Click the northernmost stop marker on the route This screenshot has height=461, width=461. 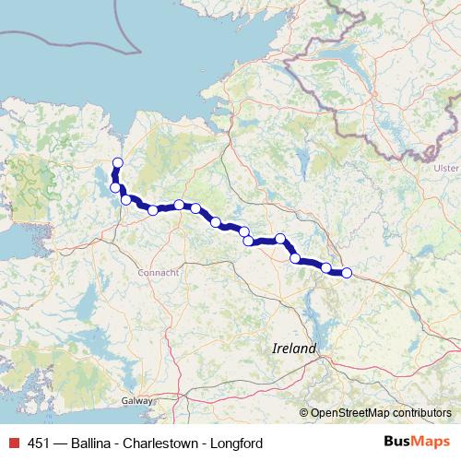pos(117,164)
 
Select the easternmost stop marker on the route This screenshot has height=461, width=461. pos(347,272)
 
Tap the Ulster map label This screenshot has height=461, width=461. pos(446,168)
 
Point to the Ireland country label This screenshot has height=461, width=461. pos(294,349)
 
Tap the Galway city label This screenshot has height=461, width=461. pos(137,401)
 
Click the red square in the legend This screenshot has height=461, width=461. pos(12,443)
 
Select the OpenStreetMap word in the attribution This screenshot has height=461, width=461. pos(349,413)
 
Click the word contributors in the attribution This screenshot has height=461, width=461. pos(420,413)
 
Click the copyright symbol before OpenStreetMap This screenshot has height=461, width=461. pos(304,413)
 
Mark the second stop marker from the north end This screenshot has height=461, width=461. pos(116,187)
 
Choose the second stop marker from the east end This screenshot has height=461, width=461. pos(326,267)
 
